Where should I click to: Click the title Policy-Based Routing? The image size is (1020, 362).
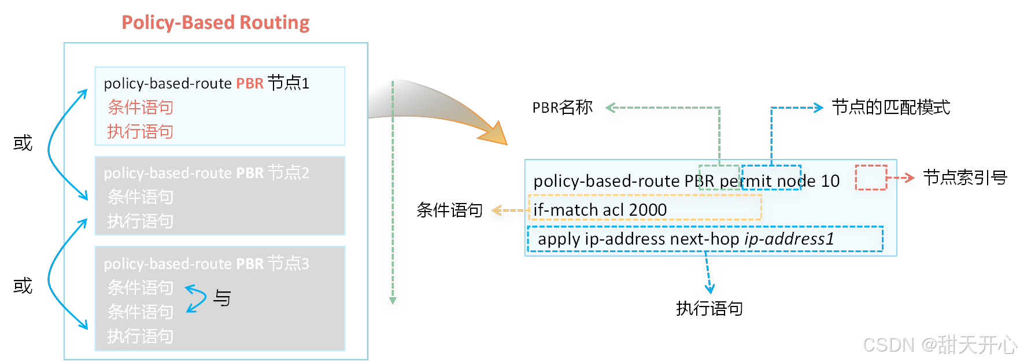tap(215, 23)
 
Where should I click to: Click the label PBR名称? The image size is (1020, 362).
tap(562, 108)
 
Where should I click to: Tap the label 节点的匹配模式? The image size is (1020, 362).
tap(890, 108)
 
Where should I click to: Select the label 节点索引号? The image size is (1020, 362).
tap(964, 178)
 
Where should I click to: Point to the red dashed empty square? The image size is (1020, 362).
tap(870, 178)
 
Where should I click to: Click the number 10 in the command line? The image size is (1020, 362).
tap(830, 181)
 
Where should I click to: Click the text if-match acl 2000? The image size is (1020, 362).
tap(600, 210)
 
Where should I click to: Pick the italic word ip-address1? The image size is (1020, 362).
tap(789, 239)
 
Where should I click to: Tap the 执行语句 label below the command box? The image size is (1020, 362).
tap(709, 309)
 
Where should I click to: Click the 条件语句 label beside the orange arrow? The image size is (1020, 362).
tap(449, 210)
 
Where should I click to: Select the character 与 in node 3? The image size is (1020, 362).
tap(222, 298)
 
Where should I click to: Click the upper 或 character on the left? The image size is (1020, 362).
tap(23, 143)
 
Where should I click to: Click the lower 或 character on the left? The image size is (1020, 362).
tap(23, 286)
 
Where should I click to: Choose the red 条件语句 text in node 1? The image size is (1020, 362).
tap(141, 108)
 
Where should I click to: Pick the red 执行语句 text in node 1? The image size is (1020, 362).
tap(141, 132)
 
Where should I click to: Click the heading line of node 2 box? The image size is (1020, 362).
tap(206, 173)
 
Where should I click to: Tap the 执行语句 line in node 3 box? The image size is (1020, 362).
tap(141, 336)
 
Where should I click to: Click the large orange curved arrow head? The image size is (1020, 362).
tap(494, 134)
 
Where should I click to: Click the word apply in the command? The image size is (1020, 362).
tap(559, 239)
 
